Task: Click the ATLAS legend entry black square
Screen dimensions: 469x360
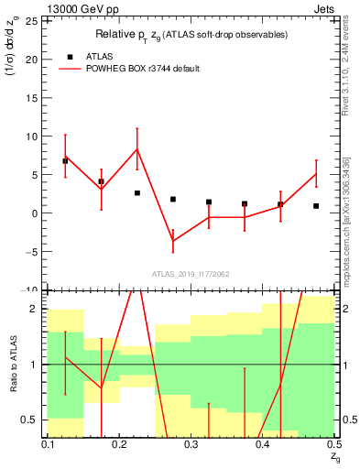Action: [66, 55]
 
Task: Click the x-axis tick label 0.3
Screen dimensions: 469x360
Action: [191, 444]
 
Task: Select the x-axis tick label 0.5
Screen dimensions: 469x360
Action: [333, 444]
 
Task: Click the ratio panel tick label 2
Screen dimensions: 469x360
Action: [38, 309]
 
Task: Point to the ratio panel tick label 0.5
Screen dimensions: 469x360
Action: [33, 420]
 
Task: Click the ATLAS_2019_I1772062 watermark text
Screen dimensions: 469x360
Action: [191, 274]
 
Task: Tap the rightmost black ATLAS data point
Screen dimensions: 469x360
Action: [316, 206]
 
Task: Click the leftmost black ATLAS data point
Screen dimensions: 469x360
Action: [65, 161]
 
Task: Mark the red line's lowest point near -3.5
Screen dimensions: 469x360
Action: [172, 241]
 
